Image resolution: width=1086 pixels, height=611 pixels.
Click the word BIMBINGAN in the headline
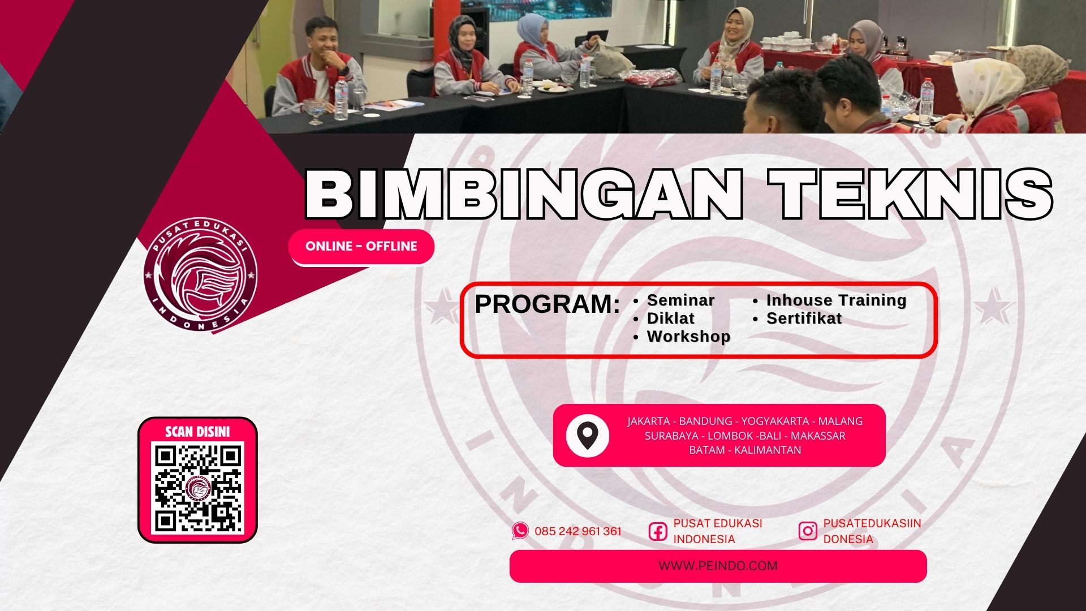coord(524,194)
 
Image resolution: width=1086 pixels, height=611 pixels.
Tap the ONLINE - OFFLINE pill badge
coord(361,247)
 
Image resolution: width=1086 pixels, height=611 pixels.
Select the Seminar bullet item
coord(680,300)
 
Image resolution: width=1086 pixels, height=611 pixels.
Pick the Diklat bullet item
coord(671,318)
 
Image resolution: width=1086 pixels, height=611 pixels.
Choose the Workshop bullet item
coord(688,336)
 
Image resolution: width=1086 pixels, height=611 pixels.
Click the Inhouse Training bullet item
coord(836,300)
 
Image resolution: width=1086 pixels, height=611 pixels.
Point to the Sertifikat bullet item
coord(804,318)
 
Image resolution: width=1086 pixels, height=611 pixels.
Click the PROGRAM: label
coord(547,304)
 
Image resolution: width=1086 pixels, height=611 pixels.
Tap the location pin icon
coord(588,436)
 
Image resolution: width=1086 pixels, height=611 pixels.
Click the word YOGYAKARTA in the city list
coord(775,421)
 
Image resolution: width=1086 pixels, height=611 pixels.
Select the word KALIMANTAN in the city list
coord(768,450)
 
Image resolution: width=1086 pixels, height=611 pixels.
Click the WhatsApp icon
coord(520,531)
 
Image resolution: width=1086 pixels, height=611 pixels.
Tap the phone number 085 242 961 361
coord(578,531)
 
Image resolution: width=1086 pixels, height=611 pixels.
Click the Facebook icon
coord(658,531)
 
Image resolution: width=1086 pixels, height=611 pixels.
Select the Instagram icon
coord(808,531)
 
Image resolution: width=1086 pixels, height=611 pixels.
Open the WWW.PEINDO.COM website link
coord(718,566)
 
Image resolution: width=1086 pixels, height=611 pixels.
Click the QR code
coord(198,488)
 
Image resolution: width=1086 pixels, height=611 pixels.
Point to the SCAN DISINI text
coord(197,432)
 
